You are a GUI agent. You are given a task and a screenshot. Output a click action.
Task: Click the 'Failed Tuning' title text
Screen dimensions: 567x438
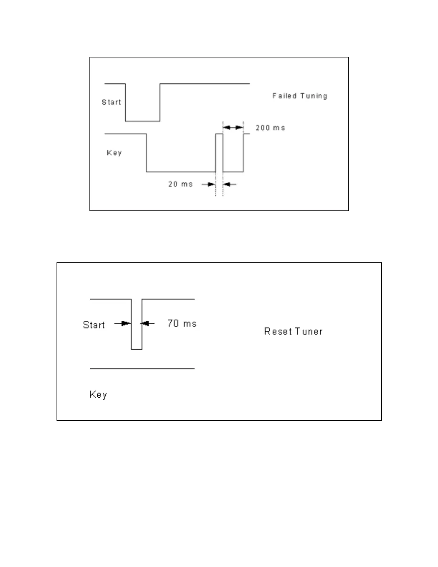coord(300,96)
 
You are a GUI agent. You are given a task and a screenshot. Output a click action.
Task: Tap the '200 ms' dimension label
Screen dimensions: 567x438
coord(270,128)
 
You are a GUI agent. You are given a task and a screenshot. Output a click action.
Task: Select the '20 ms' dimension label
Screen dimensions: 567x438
coord(180,184)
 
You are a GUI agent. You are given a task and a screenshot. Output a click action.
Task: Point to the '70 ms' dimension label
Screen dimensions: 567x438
coord(182,324)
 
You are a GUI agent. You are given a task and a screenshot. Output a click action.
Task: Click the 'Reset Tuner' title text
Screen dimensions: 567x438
coord(293,331)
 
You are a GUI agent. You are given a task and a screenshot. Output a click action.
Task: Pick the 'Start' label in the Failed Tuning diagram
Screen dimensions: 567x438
coord(111,102)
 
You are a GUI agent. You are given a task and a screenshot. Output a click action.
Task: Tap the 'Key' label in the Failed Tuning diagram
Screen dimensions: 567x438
coord(114,153)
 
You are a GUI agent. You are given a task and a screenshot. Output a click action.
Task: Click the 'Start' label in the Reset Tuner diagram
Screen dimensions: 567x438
coord(94,325)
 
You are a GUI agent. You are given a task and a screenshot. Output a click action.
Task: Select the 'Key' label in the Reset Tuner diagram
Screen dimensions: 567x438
coord(98,394)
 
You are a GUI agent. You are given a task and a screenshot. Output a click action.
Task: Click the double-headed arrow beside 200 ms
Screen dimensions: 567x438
coord(233,127)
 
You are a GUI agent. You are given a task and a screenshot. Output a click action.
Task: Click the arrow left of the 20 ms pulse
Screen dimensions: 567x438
coord(209,184)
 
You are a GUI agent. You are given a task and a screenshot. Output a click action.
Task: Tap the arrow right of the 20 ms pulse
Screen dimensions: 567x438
coord(229,184)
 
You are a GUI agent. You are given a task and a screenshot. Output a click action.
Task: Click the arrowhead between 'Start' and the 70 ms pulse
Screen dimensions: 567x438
coord(123,324)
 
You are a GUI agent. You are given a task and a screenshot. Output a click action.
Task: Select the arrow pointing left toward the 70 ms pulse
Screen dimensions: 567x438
coord(147,324)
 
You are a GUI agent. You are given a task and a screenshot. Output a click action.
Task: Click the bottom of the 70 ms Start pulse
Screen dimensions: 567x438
coord(136,349)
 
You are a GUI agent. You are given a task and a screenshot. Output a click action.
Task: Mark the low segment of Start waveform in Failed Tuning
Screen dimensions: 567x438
coord(142,121)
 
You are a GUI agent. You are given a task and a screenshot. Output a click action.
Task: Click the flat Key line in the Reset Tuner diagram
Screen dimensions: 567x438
coord(142,368)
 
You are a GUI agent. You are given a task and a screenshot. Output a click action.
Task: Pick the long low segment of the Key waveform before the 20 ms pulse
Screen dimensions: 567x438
coord(181,172)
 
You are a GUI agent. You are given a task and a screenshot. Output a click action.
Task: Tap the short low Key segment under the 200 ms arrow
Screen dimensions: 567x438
coord(233,172)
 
